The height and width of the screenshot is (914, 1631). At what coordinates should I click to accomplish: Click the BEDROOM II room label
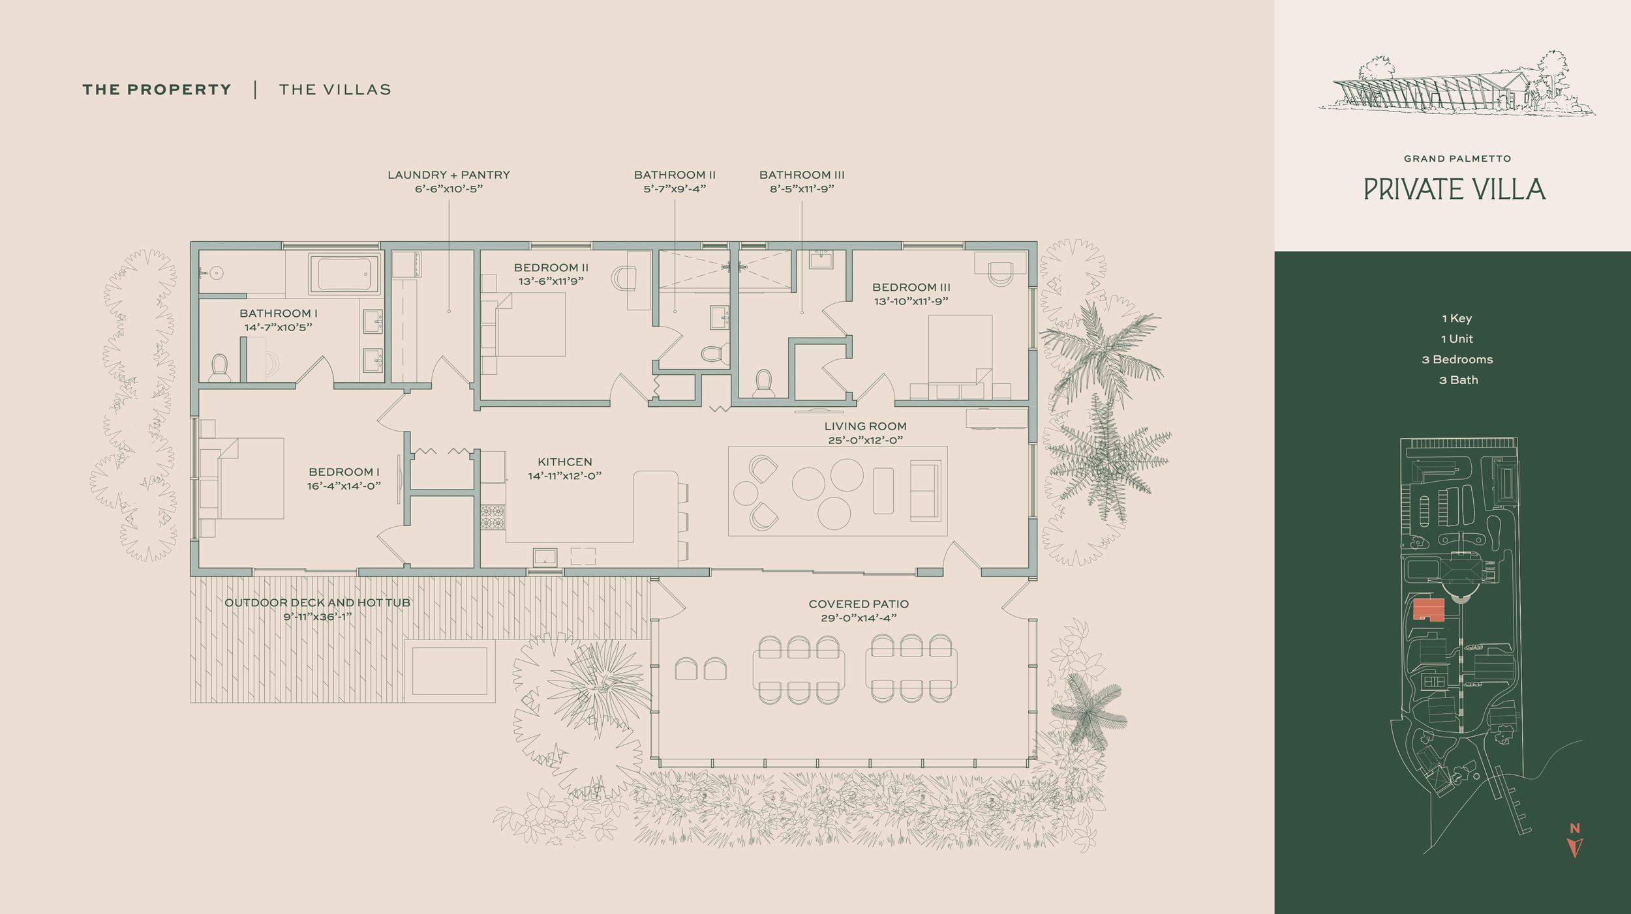(x=551, y=267)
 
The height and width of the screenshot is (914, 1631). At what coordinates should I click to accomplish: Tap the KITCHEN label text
(x=565, y=462)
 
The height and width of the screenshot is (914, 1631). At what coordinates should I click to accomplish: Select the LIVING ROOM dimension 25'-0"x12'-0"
(x=866, y=440)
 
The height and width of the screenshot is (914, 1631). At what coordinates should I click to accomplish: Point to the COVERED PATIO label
(x=859, y=604)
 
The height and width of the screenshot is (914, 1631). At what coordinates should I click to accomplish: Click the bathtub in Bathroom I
(x=344, y=274)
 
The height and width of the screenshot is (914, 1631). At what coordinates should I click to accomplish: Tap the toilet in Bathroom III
(x=763, y=383)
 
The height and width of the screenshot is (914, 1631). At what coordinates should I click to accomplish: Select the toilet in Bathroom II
(x=714, y=354)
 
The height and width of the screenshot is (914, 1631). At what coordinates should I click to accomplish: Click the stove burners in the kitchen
(x=493, y=517)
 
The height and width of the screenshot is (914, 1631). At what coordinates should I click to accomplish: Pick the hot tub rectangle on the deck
(x=450, y=671)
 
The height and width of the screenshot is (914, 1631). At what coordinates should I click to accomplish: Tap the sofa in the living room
(x=926, y=491)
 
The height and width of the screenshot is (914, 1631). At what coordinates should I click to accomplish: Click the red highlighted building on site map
(x=1429, y=610)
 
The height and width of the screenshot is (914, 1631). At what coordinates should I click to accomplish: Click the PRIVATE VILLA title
(x=1454, y=189)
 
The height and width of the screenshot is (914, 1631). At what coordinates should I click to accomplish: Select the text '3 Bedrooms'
(x=1457, y=359)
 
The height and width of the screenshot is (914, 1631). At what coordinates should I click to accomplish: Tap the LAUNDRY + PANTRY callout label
(x=449, y=175)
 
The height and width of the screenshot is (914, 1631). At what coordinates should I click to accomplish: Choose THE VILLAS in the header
(x=335, y=89)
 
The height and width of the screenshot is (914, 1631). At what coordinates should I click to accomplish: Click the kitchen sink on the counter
(x=545, y=557)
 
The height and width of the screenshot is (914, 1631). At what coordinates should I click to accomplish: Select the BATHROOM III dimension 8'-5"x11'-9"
(x=802, y=189)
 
